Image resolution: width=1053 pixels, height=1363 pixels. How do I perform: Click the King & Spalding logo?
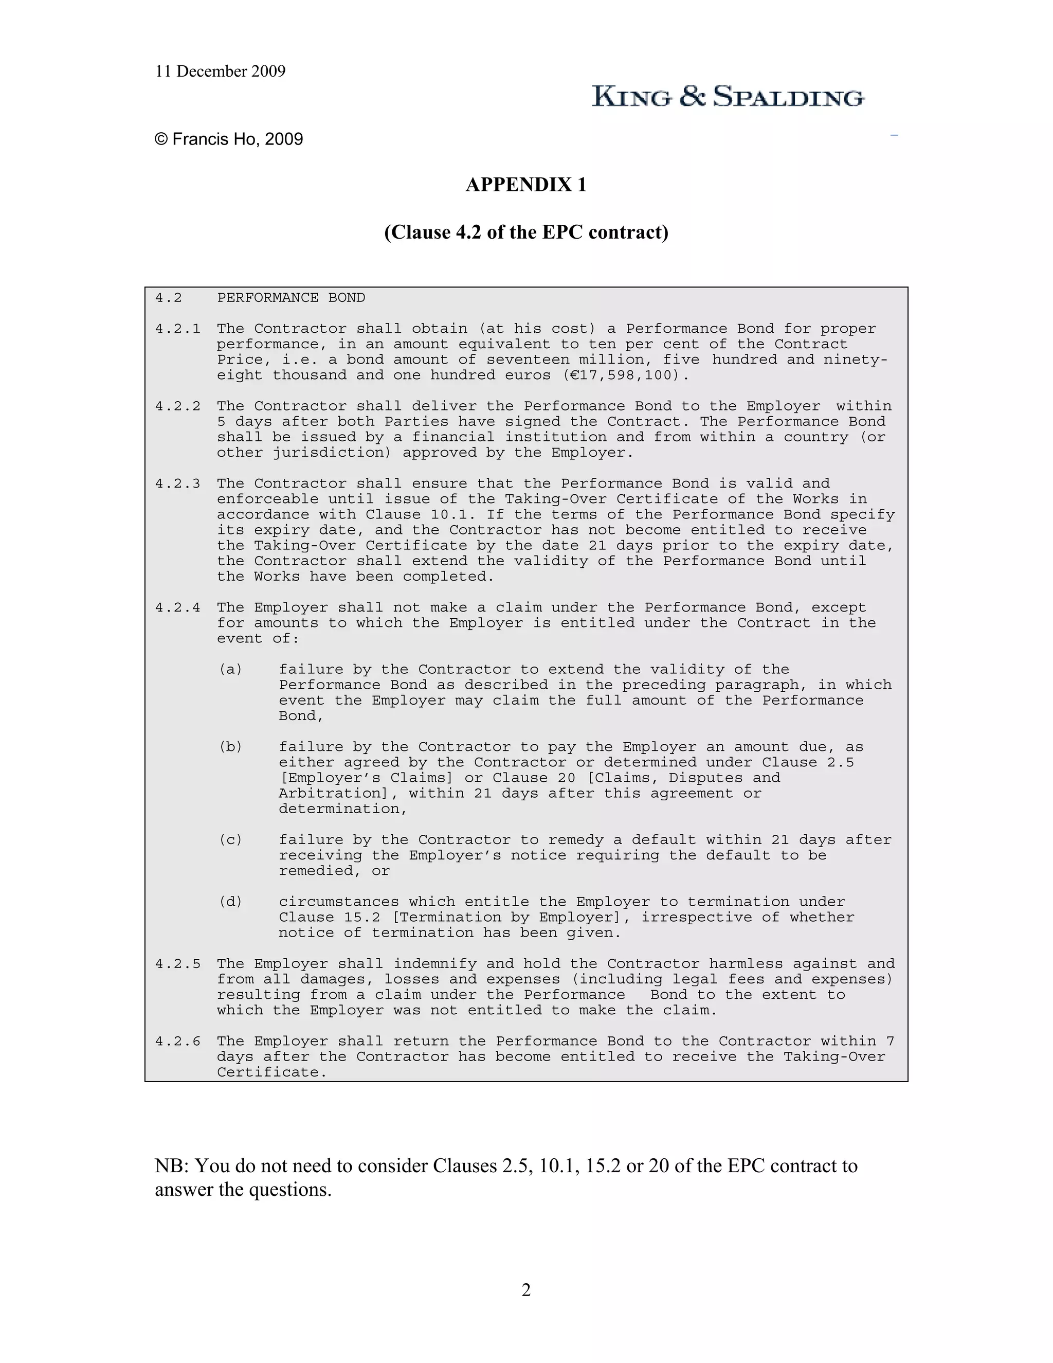tap(728, 96)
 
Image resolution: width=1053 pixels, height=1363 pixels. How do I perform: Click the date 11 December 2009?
tap(220, 71)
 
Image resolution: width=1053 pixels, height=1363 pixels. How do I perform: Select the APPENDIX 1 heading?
tap(526, 185)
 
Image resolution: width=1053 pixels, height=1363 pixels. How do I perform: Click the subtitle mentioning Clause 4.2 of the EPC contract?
tap(526, 232)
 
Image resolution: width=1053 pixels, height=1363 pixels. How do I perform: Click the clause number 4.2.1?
tap(178, 329)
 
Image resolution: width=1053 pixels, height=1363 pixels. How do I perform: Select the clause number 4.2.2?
tap(178, 406)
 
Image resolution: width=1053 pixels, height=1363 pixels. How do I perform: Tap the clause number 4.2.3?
tap(178, 483)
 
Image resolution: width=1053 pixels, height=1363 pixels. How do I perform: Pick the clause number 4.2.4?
tap(178, 607)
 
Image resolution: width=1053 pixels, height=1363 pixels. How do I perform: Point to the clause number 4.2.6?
tap(178, 1041)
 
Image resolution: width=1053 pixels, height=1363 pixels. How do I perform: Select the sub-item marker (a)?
tap(230, 670)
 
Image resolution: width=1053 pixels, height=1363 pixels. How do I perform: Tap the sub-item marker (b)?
tap(230, 747)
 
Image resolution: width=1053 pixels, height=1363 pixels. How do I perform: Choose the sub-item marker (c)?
tap(230, 840)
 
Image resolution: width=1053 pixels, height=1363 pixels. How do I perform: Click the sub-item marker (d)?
tap(230, 902)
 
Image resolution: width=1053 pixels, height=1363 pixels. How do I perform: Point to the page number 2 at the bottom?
tap(526, 1289)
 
